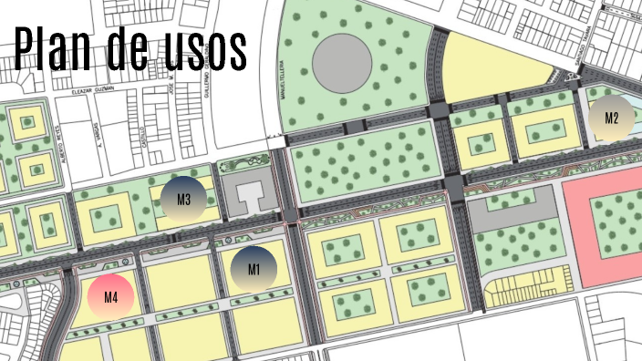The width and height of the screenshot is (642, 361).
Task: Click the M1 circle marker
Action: pyautogui.click(x=253, y=269)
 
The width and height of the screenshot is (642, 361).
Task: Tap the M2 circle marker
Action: pyautogui.click(x=611, y=118)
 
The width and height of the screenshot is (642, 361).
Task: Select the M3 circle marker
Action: pyautogui.click(x=183, y=201)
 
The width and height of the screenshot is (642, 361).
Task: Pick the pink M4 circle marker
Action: pyautogui.click(x=111, y=296)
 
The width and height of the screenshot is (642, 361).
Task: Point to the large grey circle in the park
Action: pyautogui.click(x=342, y=61)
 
